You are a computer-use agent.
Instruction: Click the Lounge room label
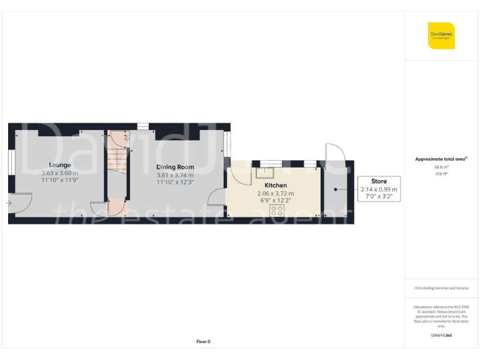tap(60, 165)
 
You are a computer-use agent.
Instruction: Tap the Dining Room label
tap(175, 167)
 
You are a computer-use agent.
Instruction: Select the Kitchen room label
tap(276, 186)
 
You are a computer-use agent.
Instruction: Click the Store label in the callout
tap(379, 181)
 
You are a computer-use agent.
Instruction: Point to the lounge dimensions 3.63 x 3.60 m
tap(60, 172)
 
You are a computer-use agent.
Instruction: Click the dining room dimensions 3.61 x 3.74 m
tap(175, 175)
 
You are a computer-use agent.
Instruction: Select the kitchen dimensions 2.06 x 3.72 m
tap(276, 194)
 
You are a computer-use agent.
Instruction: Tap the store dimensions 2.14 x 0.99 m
tap(379, 189)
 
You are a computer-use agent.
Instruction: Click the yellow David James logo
tap(441, 36)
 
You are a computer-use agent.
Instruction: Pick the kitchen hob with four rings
tap(276, 211)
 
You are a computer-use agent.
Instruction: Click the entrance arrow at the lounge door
tap(9, 203)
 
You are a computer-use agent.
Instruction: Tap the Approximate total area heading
tap(441, 159)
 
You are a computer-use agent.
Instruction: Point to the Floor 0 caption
tap(203, 341)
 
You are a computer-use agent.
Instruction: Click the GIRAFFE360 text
tap(441, 336)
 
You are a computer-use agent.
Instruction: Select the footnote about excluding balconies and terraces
tap(441, 287)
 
